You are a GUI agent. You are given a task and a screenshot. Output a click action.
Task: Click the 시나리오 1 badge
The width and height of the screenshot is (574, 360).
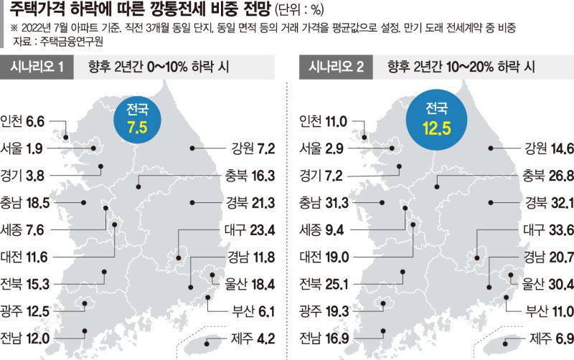point(38,68)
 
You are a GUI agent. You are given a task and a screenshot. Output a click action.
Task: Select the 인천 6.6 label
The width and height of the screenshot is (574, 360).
point(24,121)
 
